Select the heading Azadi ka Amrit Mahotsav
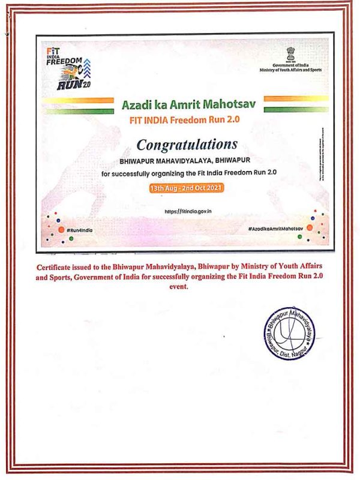tap(188, 104)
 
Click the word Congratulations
tap(187, 145)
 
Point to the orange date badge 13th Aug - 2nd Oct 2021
tap(187, 187)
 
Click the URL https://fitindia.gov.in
tap(188, 212)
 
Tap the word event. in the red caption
tap(180, 287)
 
